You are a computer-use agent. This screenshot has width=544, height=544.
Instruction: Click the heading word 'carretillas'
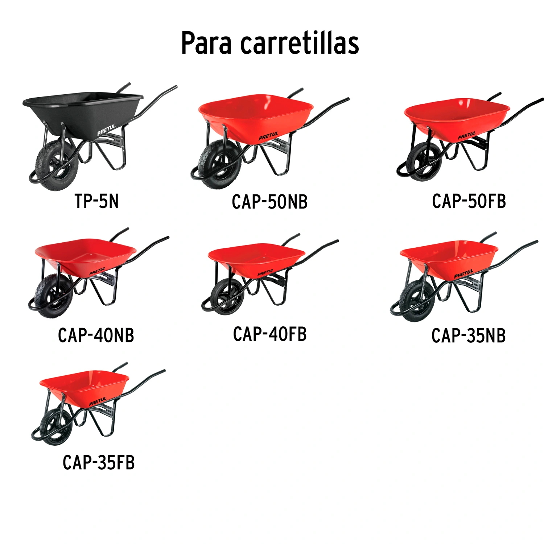tap(300, 43)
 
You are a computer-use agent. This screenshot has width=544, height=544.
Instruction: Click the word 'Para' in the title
tap(206, 43)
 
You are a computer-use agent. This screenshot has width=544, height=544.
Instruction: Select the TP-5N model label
tap(96, 201)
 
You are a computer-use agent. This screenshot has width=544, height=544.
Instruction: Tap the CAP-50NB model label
tap(270, 202)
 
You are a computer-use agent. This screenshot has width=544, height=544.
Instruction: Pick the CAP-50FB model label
tap(469, 201)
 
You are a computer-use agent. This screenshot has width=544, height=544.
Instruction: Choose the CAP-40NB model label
tap(96, 335)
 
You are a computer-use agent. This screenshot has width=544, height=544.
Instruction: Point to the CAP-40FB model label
tap(270, 334)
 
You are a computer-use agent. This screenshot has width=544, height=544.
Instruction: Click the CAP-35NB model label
tap(469, 335)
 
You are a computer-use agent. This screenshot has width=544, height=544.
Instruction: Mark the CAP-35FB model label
tap(99, 462)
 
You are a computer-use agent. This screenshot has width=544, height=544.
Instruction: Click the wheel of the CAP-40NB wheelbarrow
tap(54, 296)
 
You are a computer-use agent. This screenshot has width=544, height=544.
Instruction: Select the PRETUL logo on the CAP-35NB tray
tap(464, 274)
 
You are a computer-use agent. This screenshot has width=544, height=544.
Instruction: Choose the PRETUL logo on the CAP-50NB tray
tap(268, 136)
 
